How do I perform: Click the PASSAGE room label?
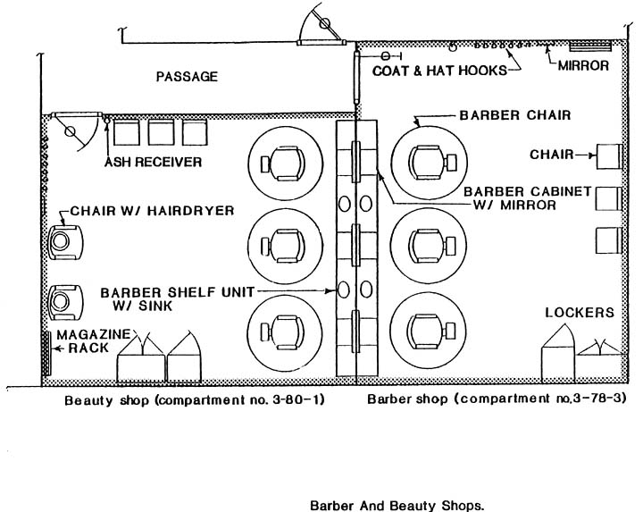click(187, 76)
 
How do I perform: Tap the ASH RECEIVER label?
click(154, 162)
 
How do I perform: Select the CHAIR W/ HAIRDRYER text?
click(152, 211)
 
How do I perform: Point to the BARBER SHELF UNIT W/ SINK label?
click(177, 299)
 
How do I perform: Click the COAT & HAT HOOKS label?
click(439, 71)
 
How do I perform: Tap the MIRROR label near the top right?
click(583, 65)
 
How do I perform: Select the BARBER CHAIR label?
click(515, 115)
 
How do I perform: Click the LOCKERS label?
click(580, 313)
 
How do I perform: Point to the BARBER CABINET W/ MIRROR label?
click(528, 198)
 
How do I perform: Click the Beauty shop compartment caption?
click(195, 399)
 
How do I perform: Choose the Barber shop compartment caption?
click(497, 399)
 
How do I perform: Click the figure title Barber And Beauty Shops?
click(397, 505)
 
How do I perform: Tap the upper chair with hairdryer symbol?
click(65, 242)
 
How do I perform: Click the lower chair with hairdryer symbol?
click(65, 302)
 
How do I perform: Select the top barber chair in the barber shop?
click(429, 163)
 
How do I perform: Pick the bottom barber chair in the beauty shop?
click(286, 331)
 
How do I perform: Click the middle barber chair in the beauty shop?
click(286, 246)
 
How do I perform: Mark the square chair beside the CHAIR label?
click(608, 156)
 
